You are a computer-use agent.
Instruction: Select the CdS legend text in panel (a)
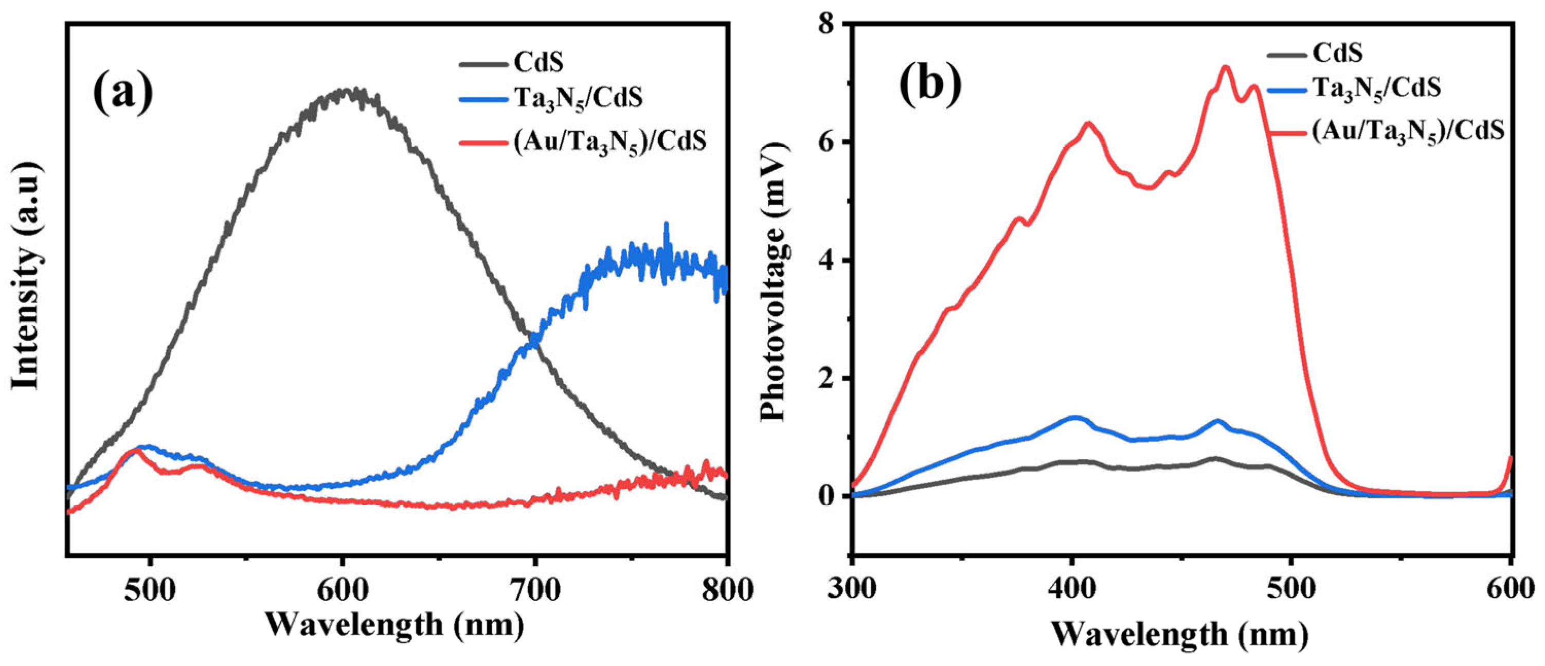tap(538, 62)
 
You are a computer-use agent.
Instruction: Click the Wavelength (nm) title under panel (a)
tap(394, 625)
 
